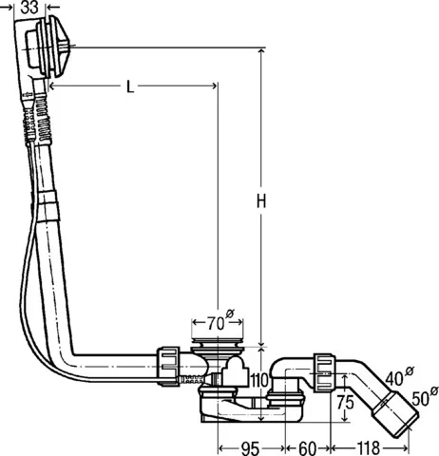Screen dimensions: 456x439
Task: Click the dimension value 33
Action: (31, 8)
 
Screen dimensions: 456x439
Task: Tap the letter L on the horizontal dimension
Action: (130, 86)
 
